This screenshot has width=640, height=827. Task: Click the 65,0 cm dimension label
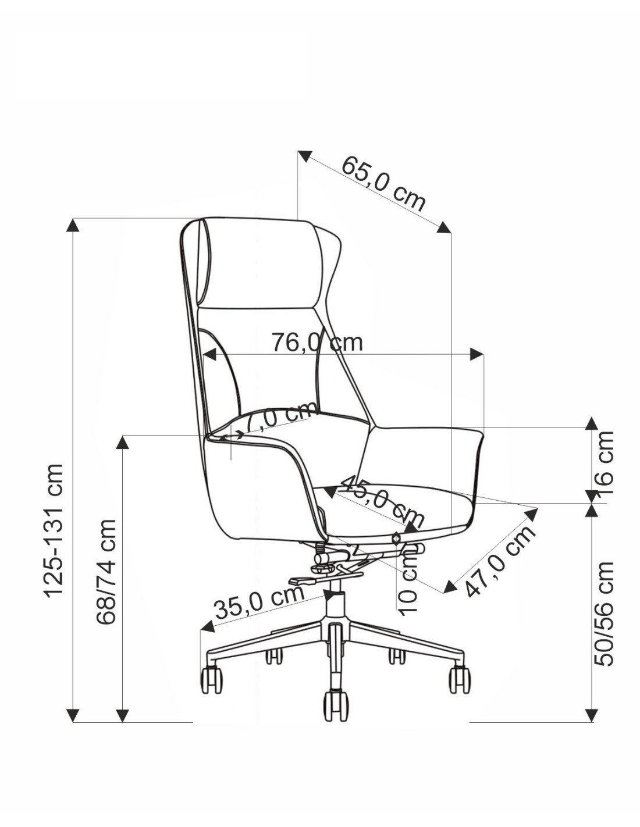[383, 184]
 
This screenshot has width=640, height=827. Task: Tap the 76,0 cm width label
[317, 343]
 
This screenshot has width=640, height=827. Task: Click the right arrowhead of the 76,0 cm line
[477, 354]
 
